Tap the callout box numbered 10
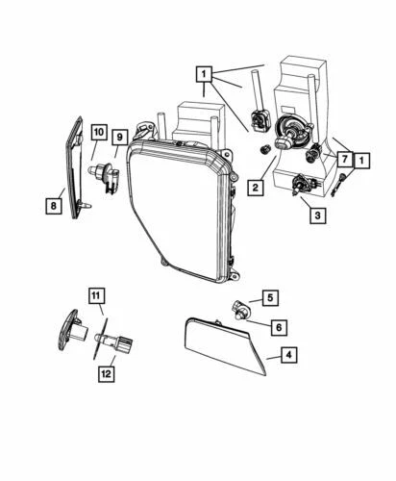pos(99,131)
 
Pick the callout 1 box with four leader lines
pos(204,71)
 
